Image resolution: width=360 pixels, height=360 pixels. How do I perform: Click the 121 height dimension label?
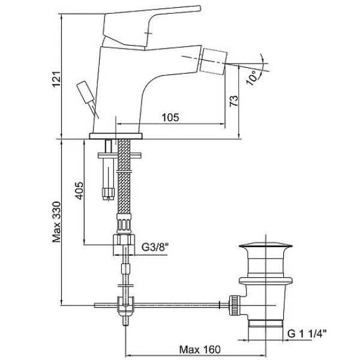[56, 79]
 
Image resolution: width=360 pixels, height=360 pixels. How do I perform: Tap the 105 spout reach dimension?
[170, 118]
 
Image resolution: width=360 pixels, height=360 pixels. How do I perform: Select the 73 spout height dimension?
[234, 101]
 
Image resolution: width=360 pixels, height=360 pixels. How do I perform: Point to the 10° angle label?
[252, 77]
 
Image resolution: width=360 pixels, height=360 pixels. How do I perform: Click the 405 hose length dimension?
[79, 191]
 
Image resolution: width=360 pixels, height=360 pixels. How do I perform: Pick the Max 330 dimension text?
[56, 222]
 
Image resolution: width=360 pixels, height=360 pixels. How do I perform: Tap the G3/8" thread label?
[155, 247]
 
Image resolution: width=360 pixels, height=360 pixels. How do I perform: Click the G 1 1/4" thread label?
[307, 334]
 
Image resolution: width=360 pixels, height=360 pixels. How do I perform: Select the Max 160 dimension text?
[200, 350]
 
